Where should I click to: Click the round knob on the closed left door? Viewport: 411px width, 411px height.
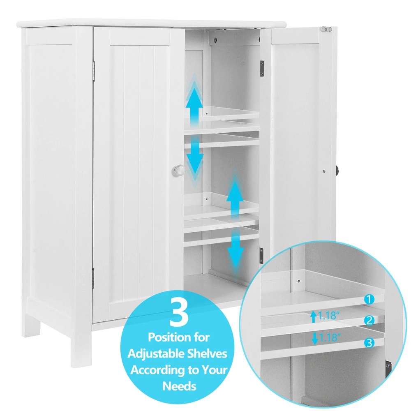[179, 170]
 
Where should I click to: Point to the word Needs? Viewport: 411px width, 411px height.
[179, 386]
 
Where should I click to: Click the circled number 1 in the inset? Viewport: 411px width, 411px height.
[369, 299]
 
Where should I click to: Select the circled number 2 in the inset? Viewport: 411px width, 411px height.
[370, 320]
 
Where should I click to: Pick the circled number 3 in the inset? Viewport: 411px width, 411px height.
[369, 343]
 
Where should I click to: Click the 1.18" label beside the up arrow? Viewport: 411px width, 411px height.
[329, 316]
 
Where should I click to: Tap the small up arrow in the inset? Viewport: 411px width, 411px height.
[313, 316]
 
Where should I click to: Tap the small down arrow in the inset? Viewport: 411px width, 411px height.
[314, 339]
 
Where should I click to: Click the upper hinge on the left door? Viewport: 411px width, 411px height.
[94, 71]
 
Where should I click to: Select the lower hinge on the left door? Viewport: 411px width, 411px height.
[93, 278]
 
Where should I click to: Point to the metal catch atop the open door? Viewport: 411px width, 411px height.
[326, 29]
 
